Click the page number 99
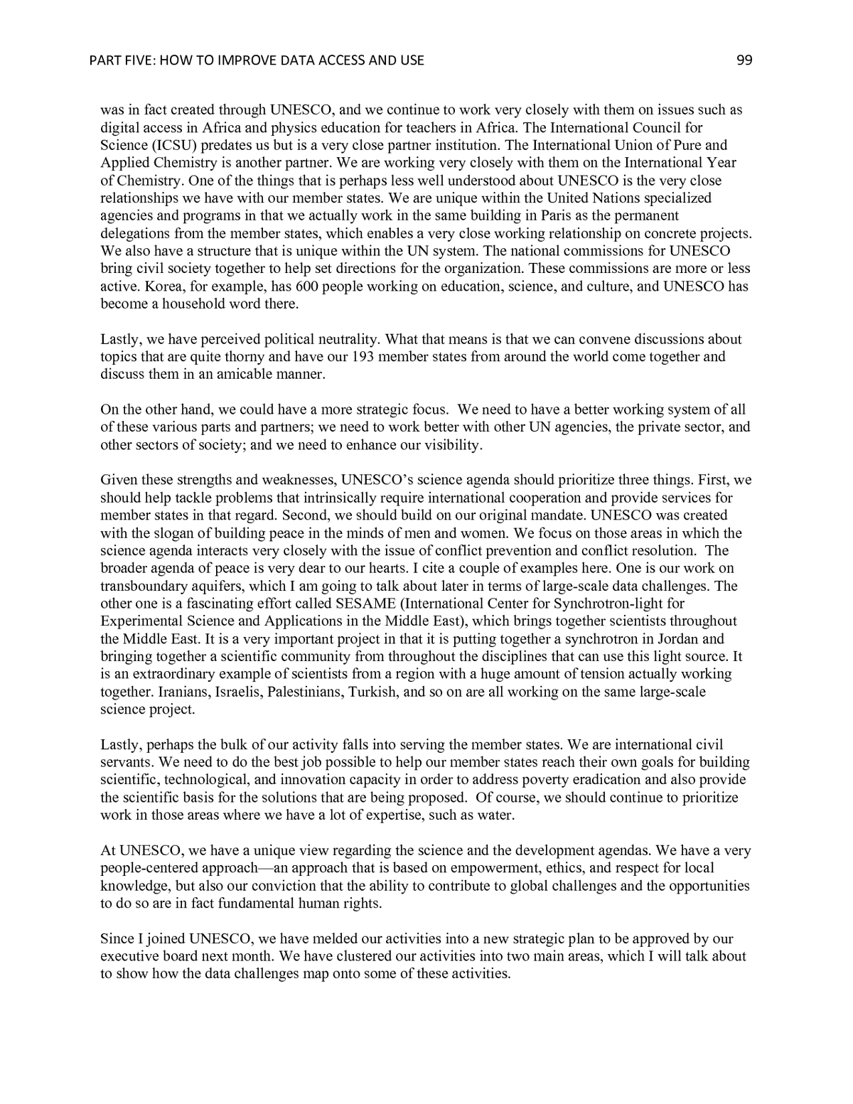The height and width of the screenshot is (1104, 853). (x=744, y=60)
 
